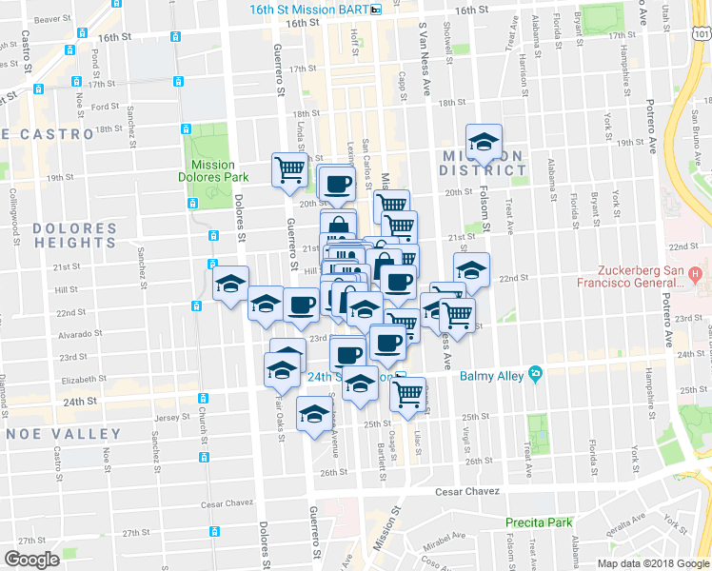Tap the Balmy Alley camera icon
(x=536, y=375)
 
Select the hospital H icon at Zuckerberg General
(x=696, y=275)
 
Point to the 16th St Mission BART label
(x=309, y=9)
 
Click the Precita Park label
(x=539, y=522)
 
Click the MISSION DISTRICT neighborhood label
(x=481, y=163)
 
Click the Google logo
(x=31, y=560)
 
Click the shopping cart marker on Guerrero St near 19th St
(x=290, y=169)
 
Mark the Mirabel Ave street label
(x=448, y=536)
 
